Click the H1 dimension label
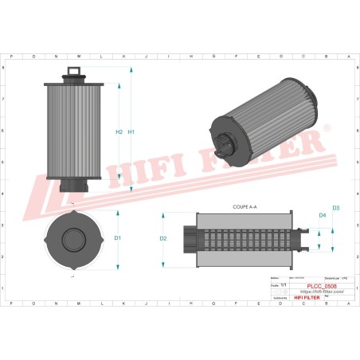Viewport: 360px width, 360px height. point(132,131)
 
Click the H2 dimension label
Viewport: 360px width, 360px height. point(119,131)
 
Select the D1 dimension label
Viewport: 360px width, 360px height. point(117,238)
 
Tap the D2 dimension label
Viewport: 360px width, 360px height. point(163,238)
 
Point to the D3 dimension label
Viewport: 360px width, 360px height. point(336,208)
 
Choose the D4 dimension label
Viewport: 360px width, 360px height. point(323,216)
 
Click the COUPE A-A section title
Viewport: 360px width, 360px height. point(246,206)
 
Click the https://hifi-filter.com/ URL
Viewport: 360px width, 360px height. point(321,291)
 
